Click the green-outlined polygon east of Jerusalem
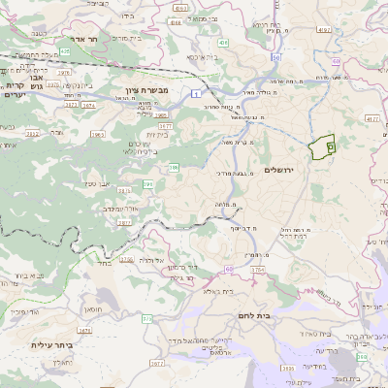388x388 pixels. click(320, 147)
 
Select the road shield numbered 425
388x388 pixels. click(65, 49)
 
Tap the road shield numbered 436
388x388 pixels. click(223, 43)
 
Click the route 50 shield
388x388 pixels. click(275, 58)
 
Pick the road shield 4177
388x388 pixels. click(372, 119)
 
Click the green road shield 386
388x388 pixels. click(175, 168)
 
